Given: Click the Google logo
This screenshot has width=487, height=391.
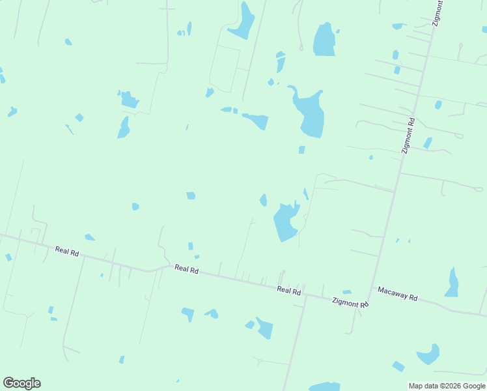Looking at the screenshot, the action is coord(21,383).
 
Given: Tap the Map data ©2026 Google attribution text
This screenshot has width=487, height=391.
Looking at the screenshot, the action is coord(447,386).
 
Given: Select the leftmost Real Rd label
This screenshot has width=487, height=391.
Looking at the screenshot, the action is coord(67,251).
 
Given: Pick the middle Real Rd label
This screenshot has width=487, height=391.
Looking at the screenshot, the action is coord(186,268).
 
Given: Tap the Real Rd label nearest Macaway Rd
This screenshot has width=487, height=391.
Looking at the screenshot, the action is coord(288,290).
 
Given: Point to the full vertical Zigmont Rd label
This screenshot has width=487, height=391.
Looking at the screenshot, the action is coord(408,135).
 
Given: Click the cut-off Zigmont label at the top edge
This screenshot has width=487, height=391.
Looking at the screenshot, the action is coord(438,12).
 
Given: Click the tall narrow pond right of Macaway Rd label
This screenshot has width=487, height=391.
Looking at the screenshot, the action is coord(452,283).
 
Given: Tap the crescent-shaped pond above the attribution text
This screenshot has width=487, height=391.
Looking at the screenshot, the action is coord(429,355).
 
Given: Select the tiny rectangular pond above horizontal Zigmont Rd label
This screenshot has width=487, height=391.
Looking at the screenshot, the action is coord(346,292).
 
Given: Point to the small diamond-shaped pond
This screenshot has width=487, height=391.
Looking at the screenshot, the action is coord(79,117).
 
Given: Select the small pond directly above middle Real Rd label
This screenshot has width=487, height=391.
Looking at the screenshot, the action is coord(191,246).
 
